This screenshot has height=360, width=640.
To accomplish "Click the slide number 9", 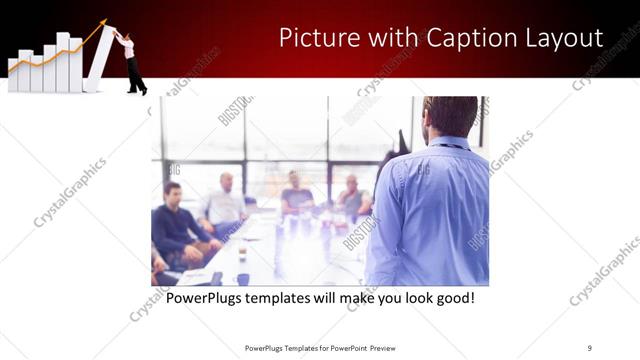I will coord(589,347).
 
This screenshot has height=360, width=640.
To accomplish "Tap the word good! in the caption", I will coord(453,298).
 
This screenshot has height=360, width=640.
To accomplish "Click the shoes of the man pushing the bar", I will coord(137,90).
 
